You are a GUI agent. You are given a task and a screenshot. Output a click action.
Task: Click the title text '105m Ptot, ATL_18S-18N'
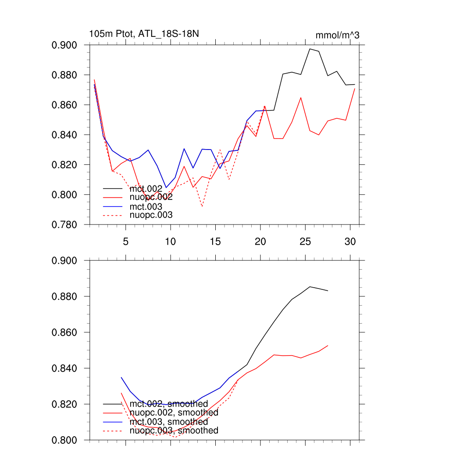[x=145, y=34]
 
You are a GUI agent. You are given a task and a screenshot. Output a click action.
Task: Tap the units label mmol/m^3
[x=337, y=35]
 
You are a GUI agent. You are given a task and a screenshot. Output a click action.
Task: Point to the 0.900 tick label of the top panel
[x=64, y=45]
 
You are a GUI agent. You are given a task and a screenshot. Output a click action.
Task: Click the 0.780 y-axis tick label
[x=64, y=224]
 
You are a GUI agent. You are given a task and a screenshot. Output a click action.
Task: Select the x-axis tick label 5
[x=126, y=242]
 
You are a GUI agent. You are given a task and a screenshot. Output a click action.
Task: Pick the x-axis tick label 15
[x=215, y=242]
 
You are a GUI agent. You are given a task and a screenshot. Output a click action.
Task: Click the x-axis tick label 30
[x=350, y=242]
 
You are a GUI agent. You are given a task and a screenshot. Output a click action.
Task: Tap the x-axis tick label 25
[x=305, y=242]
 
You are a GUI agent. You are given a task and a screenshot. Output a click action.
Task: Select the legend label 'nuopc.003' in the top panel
[x=151, y=215]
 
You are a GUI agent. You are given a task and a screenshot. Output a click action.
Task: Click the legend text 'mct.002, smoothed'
[x=169, y=403]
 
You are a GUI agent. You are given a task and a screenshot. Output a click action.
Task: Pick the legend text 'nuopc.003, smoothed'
[x=174, y=431]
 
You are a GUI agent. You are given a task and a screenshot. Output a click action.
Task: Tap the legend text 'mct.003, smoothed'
[x=169, y=421]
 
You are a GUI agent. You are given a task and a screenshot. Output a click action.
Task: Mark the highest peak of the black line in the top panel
[x=310, y=49]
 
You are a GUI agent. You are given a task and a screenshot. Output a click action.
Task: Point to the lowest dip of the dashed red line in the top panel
[x=202, y=207]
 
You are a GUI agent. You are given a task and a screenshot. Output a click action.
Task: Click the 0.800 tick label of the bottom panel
[x=64, y=440]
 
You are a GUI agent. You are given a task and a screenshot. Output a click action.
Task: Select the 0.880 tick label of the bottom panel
[x=64, y=296]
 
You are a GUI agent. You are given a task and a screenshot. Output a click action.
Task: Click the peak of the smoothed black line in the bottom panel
[x=310, y=287]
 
